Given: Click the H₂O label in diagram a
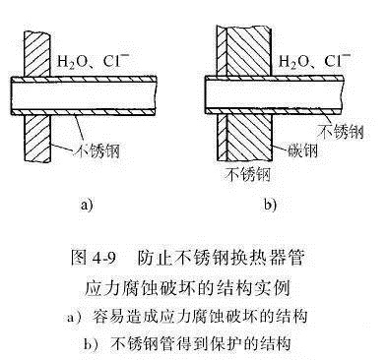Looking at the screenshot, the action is click(x=70, y=62).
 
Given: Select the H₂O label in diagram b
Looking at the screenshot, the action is click(x=291, y=62).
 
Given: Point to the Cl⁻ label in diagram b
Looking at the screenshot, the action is click(x=338, y=60).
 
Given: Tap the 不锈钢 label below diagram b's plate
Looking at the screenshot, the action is click(x=248, y=174).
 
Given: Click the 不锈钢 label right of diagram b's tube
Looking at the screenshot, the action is click(x=341, y=132).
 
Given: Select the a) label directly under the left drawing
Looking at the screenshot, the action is click(x=87, y=205).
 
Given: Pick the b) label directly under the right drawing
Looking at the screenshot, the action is click(x=270, y=205).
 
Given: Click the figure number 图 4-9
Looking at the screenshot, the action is click(x=94, y=258).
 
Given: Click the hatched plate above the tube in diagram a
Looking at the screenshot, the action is click(x=36, y=54).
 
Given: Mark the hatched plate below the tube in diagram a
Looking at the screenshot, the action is click(x=37, y=138).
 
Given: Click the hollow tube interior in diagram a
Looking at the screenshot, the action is click(x=84, y=95).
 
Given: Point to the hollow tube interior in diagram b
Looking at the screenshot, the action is click(x=275, y=94).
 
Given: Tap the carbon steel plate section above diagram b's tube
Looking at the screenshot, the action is click(x=248, y=51).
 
